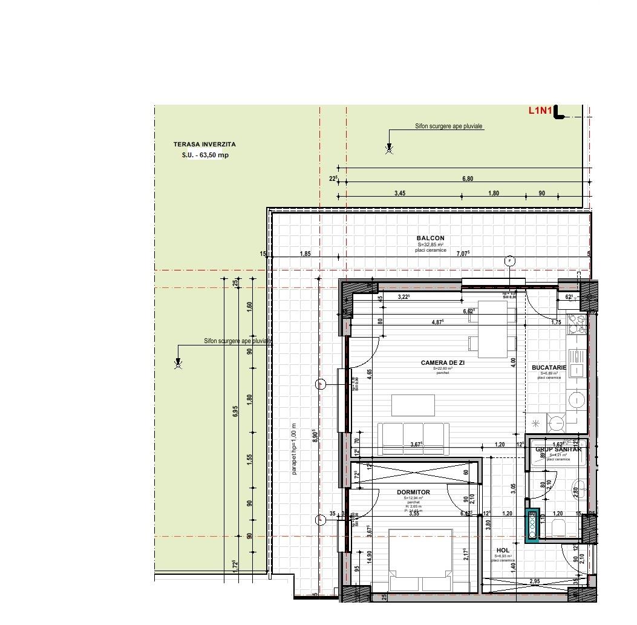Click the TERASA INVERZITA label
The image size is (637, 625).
(204, 145)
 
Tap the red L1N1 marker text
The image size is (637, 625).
(540, 110)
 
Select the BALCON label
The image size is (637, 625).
(430, 238)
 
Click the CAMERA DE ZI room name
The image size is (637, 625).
(442, 362)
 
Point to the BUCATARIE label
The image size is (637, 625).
(549, 367)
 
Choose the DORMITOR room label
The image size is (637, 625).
(413, 492)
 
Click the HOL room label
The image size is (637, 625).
(502, 551)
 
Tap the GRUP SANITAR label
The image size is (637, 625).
(558, 450)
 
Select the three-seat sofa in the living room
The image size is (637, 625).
(413, 438)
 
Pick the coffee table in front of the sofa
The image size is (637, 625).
(413, 405)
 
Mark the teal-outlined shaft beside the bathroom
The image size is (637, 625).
(532, 524)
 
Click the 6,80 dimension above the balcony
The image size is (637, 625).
(467, 178)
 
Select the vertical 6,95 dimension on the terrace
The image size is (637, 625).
(235, 411)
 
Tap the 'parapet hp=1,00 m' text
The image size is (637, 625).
(295, 448)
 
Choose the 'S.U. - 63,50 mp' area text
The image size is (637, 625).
(205, 155)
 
